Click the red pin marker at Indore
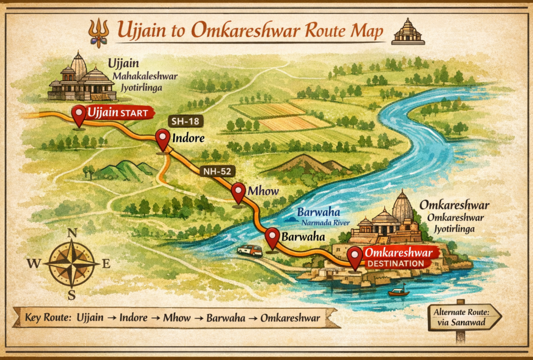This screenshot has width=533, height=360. point(163,140)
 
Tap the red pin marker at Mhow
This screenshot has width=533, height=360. point(238,192)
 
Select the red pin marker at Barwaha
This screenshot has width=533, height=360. point(273,238)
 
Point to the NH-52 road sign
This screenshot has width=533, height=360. point(217,171)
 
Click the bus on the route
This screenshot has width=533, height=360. point(249,251)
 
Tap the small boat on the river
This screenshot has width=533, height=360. point(399,291)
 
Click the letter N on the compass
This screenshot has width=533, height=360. point(71,233)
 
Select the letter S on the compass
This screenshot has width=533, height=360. point(71,295)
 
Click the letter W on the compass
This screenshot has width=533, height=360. point(34,264)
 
